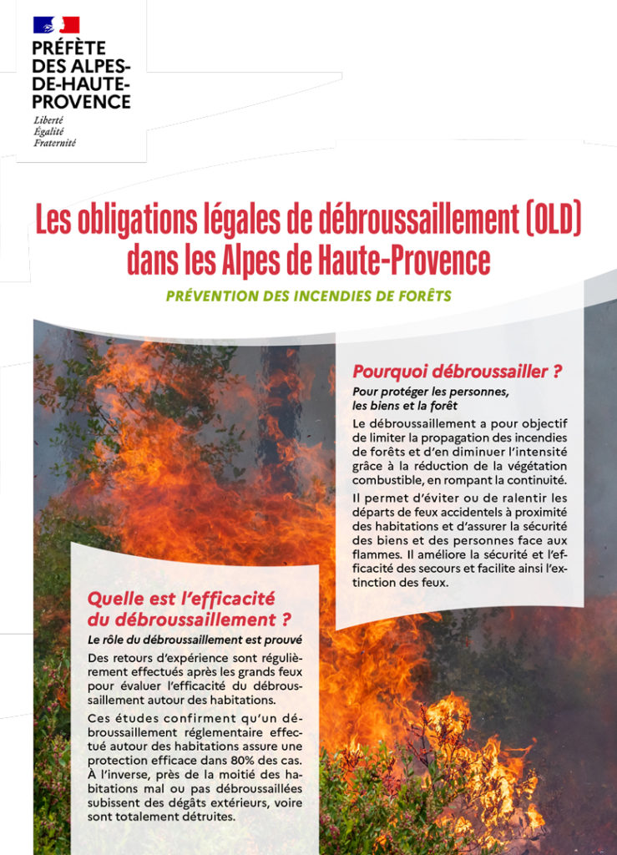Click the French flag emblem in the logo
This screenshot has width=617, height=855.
[56, 25]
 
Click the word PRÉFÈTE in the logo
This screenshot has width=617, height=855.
[69, 48]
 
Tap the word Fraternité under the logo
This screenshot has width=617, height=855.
[55, 143]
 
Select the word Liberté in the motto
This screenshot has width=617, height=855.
[48, 120]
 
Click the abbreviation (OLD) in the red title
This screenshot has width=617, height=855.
[549, 221]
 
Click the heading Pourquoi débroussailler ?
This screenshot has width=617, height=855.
[457, 372]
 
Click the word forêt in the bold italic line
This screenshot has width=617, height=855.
[434, 406]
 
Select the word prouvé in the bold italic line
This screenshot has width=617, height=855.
[280, 640]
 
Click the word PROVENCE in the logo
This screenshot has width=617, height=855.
[82, 102]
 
